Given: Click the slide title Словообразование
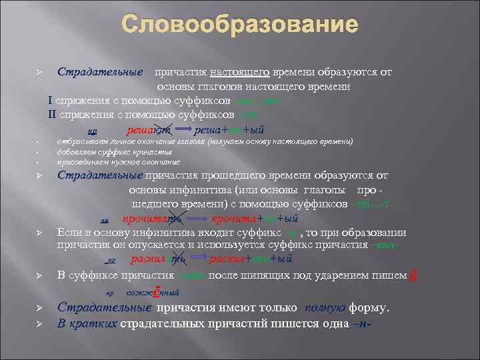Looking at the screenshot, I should (x=240, y=27).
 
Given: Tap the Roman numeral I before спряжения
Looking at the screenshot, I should (x=51, y=101).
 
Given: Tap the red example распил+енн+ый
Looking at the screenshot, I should (x=248, y=259).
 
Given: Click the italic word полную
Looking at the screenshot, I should (x=325, y=308).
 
